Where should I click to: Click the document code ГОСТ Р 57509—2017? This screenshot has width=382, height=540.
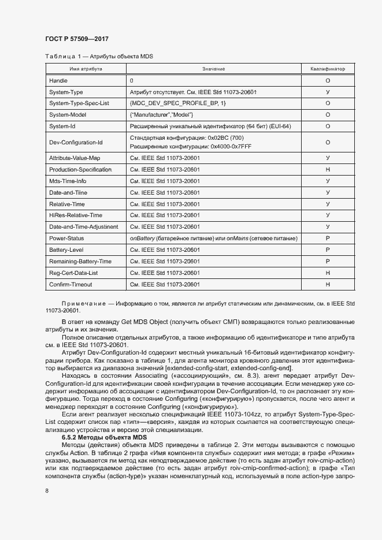coord(76,39)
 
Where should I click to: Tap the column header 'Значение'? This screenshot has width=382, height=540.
coord(214,69)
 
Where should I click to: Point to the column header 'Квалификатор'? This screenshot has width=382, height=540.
coord(328,69)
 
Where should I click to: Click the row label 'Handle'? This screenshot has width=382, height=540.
coord(58,81)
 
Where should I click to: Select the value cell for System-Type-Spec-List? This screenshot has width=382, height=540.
coord(178,103)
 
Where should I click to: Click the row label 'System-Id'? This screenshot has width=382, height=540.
coord(62,126)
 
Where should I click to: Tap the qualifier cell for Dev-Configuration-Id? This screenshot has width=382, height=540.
coord(328,142)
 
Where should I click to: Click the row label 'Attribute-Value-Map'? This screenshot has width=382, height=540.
coord(75,158)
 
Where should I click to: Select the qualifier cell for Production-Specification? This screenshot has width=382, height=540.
coord(328,169)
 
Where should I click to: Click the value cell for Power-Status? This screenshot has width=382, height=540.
coord(214,238)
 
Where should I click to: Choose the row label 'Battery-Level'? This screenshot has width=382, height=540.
coord(66,249)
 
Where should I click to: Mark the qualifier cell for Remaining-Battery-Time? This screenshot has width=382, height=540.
coord(328,261)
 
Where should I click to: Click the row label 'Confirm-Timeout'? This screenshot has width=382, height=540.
coord(71,284)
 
